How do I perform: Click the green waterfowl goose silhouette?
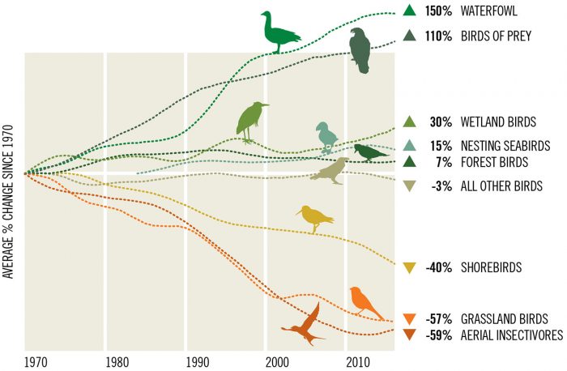point(279,32)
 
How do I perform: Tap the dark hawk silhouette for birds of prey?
point(360,50)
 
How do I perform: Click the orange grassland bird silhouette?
point(366,302)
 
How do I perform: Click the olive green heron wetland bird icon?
point(251,122)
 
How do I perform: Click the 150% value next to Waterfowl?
point(438,11)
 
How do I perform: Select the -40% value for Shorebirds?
point(438,267)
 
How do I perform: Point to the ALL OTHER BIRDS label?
point(502,186)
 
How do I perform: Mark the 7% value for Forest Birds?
point(443,161)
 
